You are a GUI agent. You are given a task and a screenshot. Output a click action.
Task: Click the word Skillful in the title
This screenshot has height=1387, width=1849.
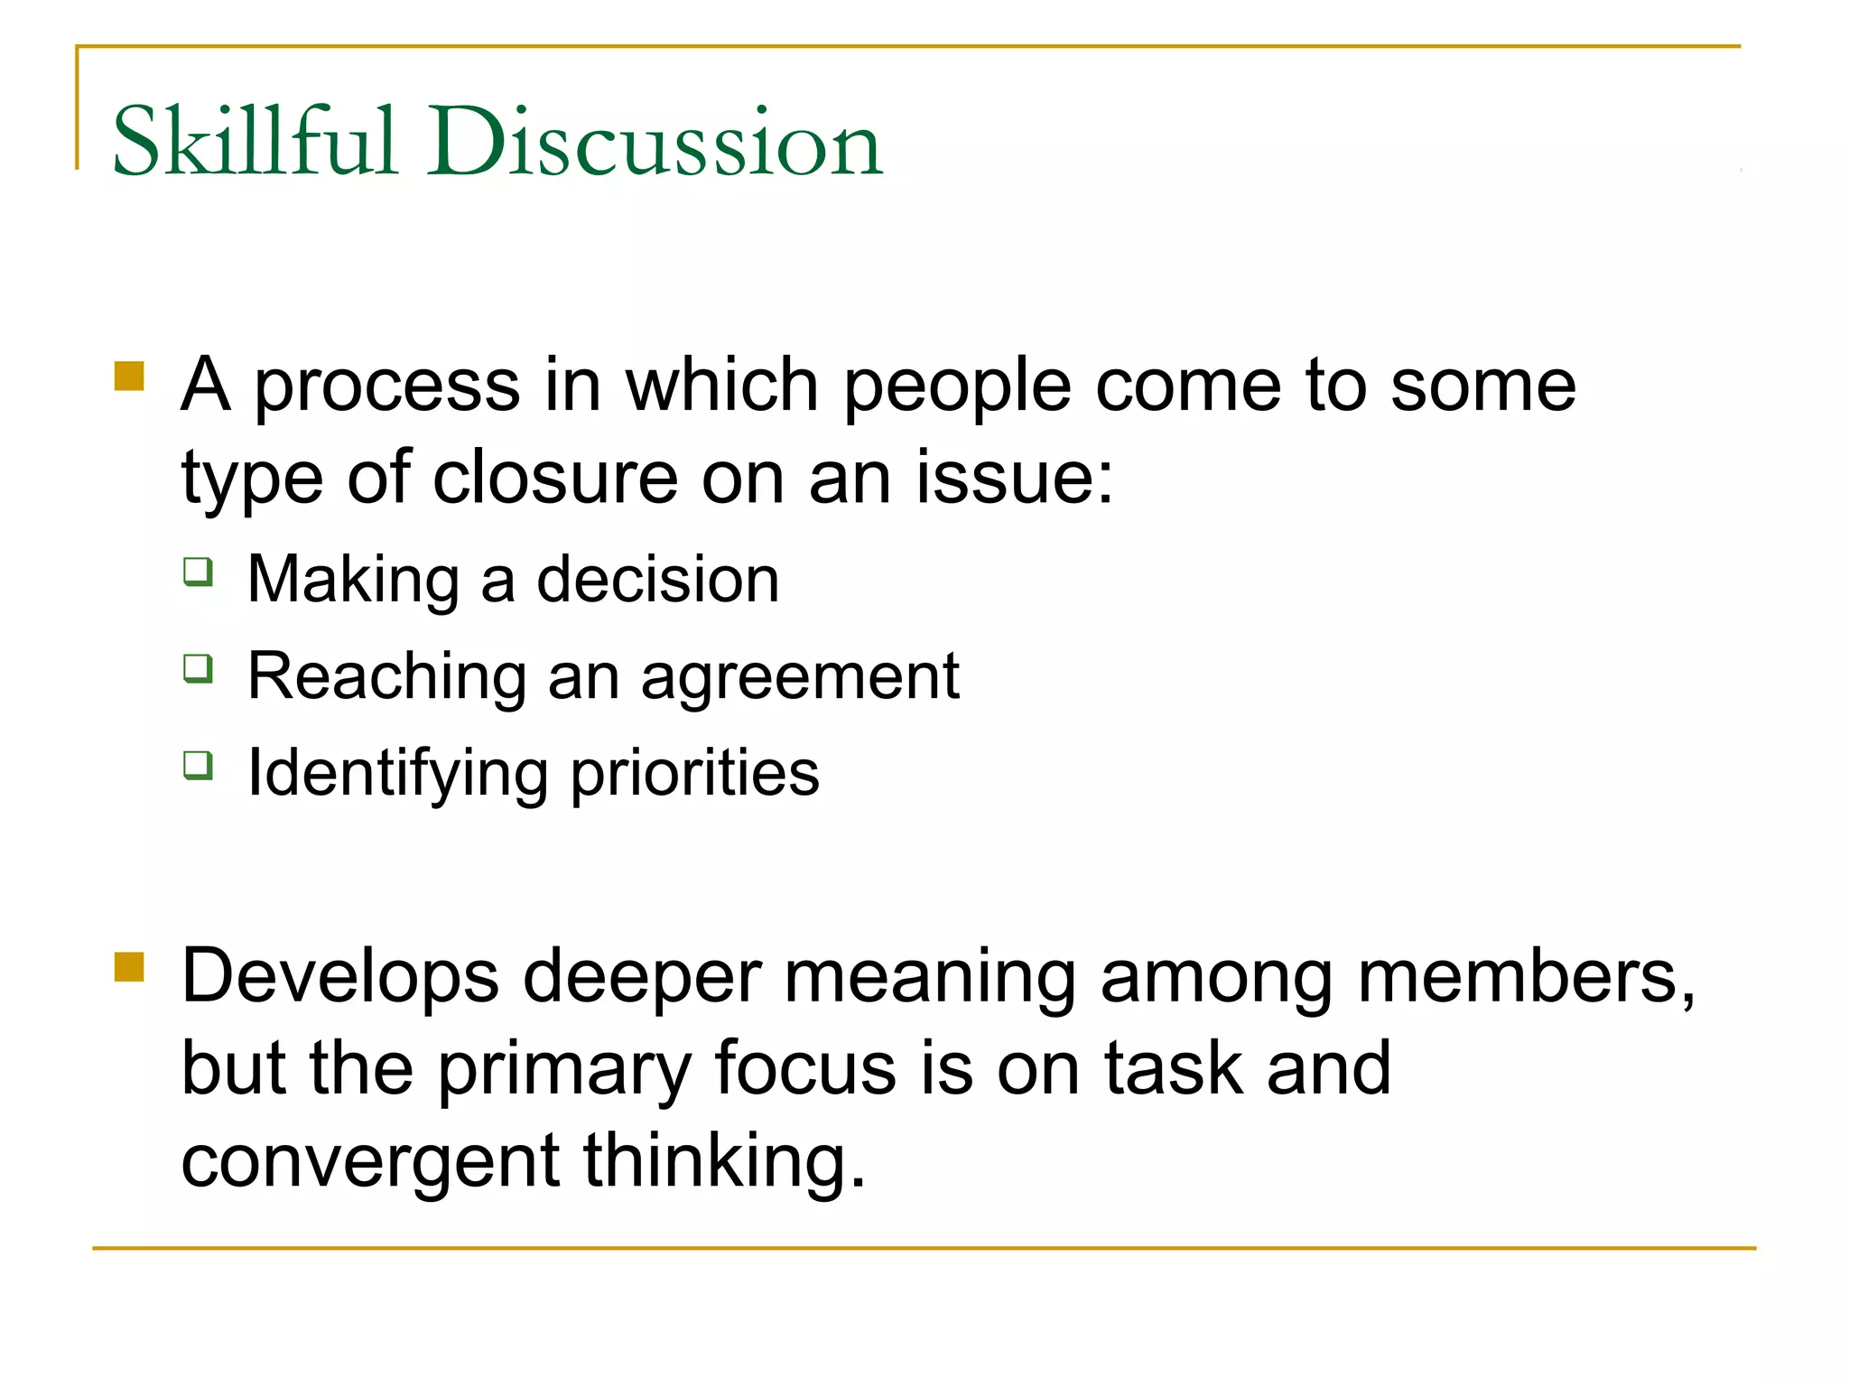(x=255, y=142)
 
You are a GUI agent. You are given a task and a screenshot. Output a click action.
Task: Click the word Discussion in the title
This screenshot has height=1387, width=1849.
(x=655, y=142)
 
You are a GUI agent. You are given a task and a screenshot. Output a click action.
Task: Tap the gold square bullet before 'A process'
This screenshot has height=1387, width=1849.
(x=130, y=376)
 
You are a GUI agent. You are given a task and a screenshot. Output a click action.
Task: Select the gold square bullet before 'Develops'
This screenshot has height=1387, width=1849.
(x=130, y=967)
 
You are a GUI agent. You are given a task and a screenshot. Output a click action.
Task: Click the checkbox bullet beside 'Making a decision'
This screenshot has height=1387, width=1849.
(x=199, y=572)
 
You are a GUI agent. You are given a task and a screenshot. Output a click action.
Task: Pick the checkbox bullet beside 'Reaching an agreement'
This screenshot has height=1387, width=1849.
(x=199, y=669)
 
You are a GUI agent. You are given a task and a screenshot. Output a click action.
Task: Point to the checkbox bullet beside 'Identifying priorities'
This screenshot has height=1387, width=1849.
(x=199, y=766)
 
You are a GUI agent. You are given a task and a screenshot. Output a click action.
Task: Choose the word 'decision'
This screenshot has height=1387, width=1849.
(x=657, y=579)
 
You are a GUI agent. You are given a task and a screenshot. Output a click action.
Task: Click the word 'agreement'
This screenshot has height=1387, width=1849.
(x=800, y=677)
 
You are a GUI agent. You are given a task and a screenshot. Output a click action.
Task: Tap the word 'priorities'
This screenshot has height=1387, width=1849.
(x=695, y=775)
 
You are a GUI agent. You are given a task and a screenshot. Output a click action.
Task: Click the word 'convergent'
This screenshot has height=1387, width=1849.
(x=370, y=1162)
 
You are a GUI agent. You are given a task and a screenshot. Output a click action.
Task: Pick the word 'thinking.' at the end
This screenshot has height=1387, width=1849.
(x=725, y=1162)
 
